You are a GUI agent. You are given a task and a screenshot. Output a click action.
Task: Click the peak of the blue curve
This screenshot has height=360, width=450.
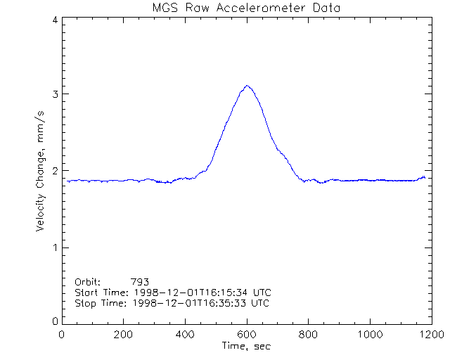247,86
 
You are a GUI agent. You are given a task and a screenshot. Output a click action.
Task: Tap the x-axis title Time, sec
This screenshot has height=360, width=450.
246,346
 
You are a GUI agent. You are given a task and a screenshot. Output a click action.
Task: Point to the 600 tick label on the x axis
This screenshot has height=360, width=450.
246,335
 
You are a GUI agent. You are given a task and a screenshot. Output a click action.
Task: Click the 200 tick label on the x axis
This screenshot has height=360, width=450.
124,335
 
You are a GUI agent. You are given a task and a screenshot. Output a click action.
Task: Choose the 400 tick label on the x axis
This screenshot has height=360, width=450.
185,335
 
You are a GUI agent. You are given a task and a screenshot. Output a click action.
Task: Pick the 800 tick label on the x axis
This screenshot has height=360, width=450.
308,335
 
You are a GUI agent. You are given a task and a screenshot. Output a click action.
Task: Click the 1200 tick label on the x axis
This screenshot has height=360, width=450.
430,335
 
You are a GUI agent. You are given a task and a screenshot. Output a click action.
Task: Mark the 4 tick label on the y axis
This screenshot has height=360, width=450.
54,20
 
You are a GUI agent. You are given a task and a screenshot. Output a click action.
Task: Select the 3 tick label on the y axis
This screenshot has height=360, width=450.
54,95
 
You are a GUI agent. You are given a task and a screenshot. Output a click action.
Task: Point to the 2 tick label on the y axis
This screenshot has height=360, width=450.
54,171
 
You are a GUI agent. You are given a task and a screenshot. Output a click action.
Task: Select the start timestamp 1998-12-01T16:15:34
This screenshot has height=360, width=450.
189,292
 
